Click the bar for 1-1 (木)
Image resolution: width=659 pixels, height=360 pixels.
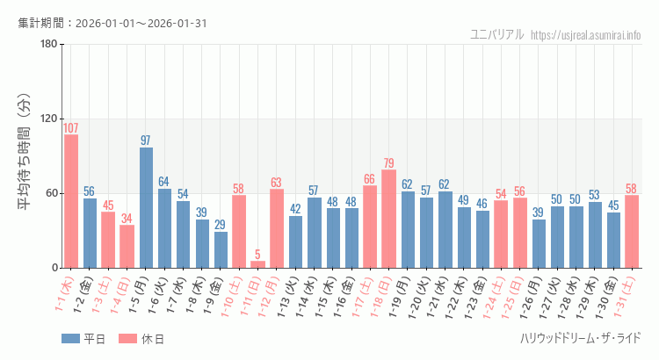pos(71,201)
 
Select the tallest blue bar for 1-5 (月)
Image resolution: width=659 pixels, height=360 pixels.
pos(146,207)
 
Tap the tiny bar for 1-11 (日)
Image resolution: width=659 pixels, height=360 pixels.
pos(257,264)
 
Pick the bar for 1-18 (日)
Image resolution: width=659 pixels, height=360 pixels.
pos(388,219)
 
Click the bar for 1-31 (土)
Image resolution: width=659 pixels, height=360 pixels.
pos(632,231)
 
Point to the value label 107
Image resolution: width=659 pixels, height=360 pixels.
pos(71,128)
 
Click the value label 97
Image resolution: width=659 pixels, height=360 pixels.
pos(146,140)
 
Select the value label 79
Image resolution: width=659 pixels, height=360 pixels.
pos(388,163)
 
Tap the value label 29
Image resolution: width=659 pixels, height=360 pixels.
pos(221,225)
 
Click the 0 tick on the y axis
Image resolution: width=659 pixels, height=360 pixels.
pos(54,268)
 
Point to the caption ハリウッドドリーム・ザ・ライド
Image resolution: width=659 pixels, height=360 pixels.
pos(581,338)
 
